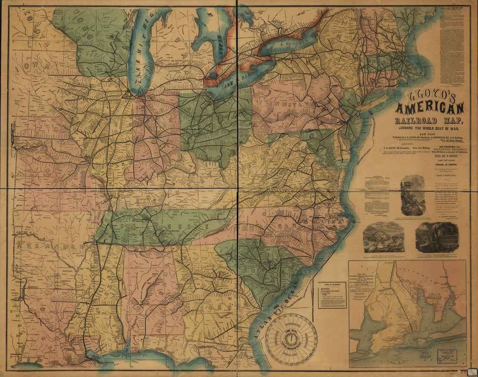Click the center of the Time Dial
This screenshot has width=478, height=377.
point(291,339)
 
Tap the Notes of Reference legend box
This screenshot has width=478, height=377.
point(332,295)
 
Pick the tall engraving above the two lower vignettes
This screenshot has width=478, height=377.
point(413,195)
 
